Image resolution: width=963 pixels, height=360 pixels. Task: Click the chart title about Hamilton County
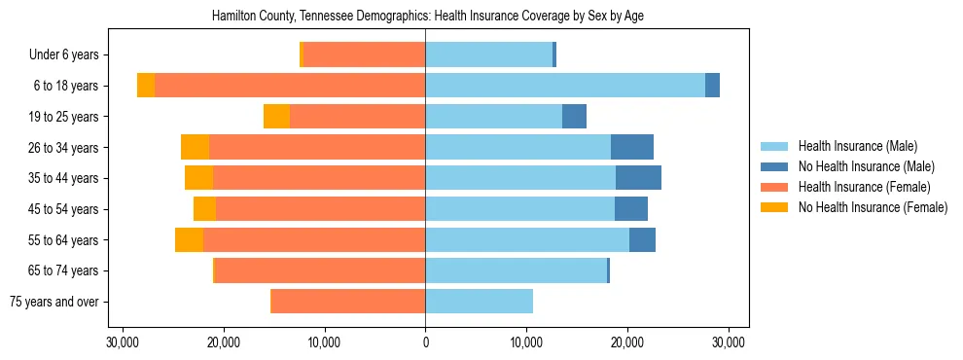click(x=427, y=16)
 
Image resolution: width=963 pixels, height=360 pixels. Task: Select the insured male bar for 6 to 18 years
click(x=565, y=86)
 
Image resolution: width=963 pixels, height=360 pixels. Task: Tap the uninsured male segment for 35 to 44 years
click(x=638, y=178)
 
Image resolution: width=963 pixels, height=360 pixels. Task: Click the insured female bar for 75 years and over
click(x=347, y=302)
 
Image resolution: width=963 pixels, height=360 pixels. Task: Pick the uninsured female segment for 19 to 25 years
click(x=276, y=117)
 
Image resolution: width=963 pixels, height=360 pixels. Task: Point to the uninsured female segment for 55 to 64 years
click(x=189, y=239)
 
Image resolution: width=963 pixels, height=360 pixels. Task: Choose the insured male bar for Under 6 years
click(x=488, y=54)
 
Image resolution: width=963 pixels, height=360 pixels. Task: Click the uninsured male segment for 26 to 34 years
click(x=632, y=147)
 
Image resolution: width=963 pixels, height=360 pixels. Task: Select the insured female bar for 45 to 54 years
click(x=320, y=209)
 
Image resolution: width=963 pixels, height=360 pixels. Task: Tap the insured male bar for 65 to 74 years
click(x=516, y=270)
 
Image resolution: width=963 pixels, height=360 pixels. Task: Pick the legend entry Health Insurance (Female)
click(x=862, y=187)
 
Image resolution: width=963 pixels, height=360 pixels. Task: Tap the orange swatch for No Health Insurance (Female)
click(x=775, y=207)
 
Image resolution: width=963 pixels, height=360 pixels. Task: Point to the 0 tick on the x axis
click(x=425, y=342)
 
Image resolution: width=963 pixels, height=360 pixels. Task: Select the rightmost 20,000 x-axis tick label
click(x=627, y=342)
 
